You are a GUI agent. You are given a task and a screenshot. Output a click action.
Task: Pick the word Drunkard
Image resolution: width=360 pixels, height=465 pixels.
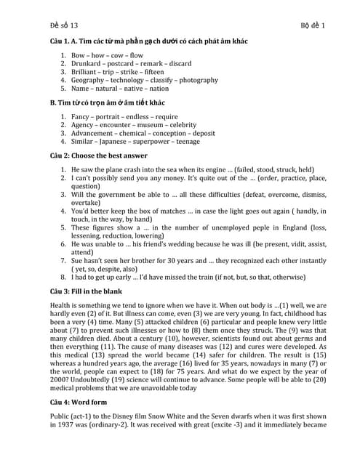coord(87,63)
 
